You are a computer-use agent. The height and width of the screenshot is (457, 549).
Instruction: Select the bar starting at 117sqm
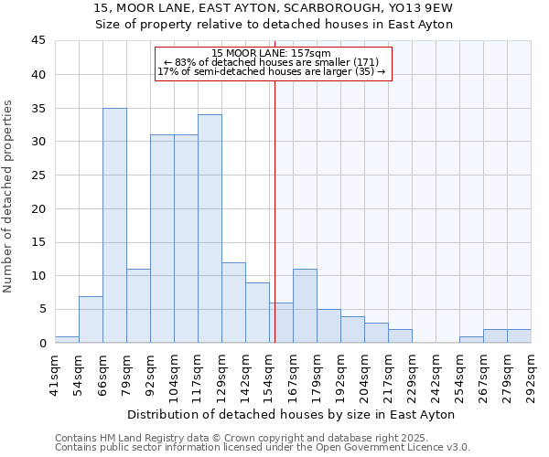pos(210,228)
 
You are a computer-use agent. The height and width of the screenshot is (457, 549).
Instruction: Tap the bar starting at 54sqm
pos(91,319)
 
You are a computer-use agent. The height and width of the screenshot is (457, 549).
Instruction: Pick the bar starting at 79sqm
pos(138,305)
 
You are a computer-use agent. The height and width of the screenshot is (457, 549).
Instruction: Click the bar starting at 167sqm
pos(305,305)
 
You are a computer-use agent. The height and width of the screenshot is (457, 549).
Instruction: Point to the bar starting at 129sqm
pos(233,303)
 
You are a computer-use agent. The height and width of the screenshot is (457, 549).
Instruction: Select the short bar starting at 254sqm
pos(471,339)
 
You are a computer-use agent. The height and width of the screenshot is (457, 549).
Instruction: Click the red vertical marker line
pos(274,210)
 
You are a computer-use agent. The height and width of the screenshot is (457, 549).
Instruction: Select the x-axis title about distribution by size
pos(292,414)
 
